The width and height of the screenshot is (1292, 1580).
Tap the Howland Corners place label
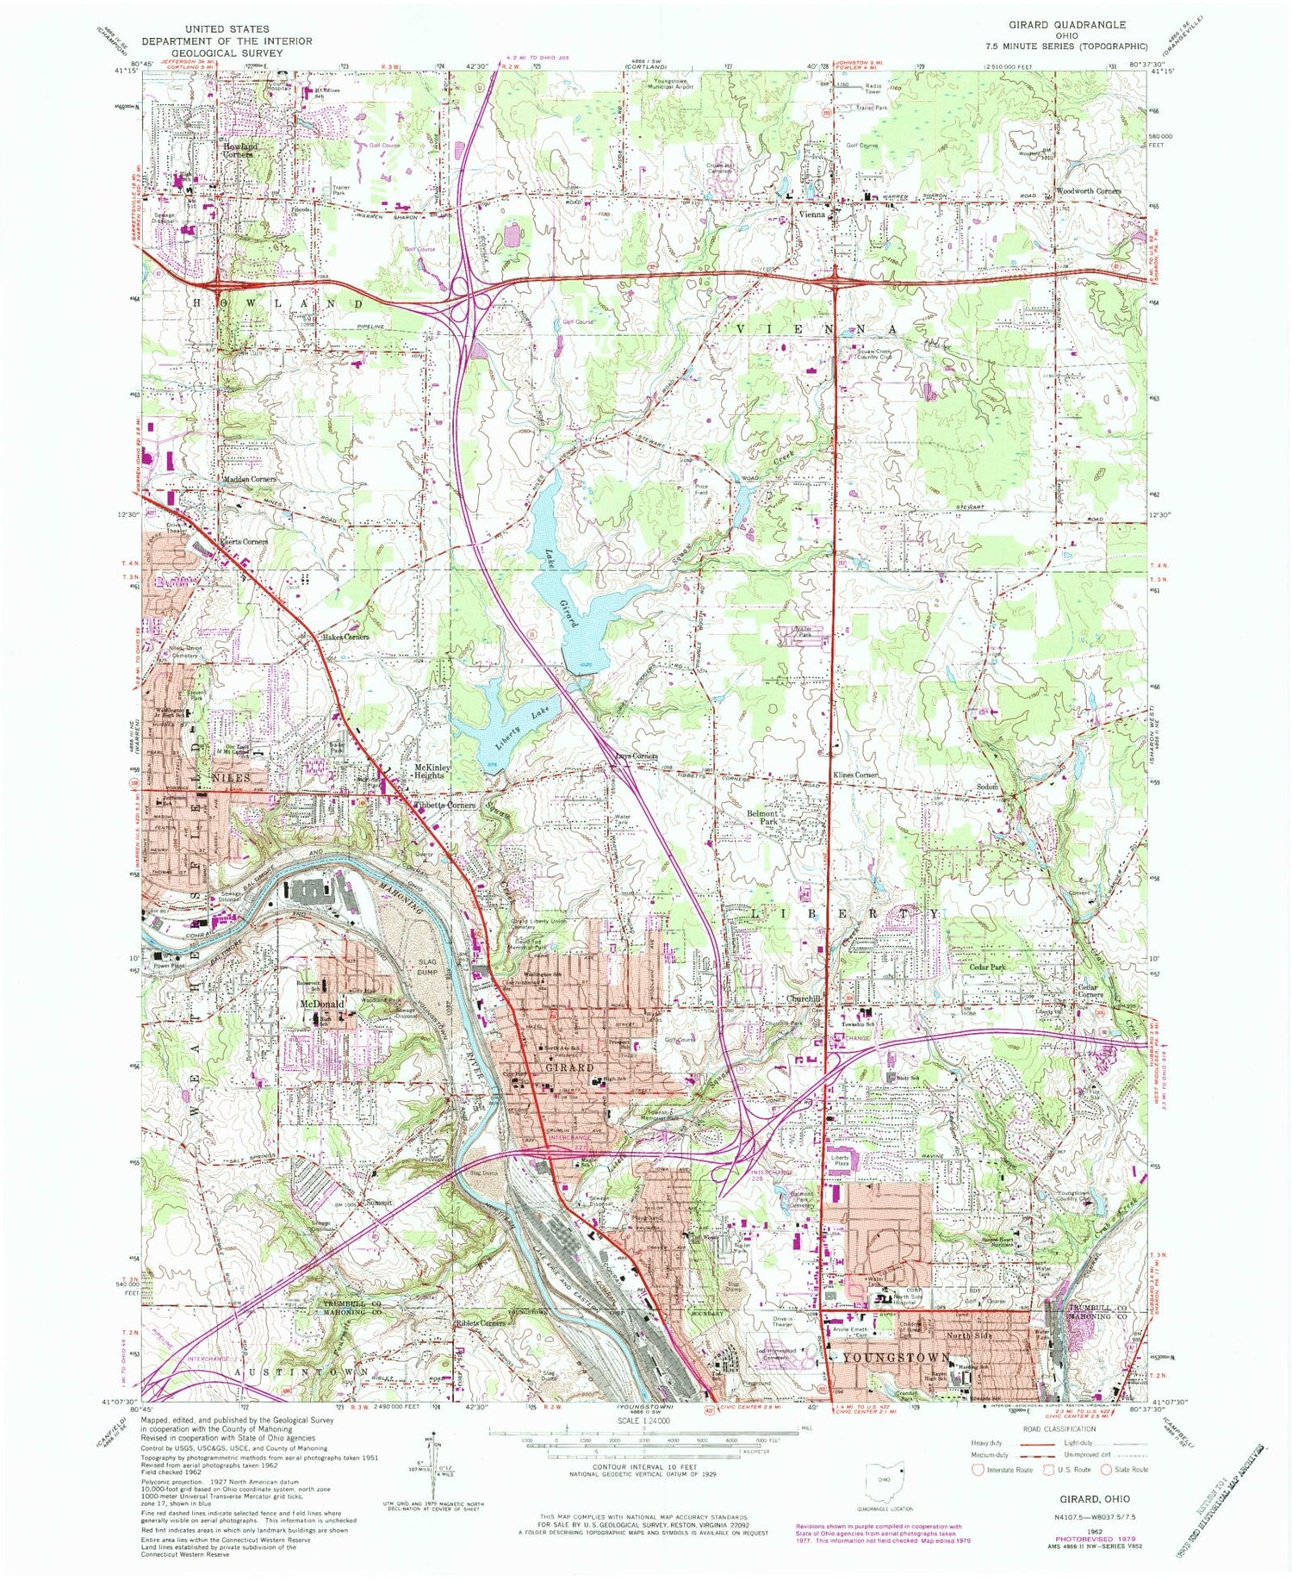[234, 151]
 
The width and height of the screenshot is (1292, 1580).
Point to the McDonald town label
[321, 1005]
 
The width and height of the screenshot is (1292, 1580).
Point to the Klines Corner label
[854, 775]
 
